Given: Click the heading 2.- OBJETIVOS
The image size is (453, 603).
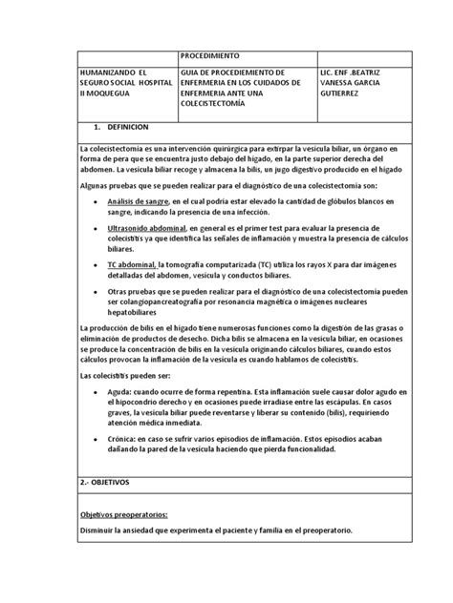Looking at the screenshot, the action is (111, 484).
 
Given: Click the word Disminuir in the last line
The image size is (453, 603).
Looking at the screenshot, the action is (98, 530).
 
